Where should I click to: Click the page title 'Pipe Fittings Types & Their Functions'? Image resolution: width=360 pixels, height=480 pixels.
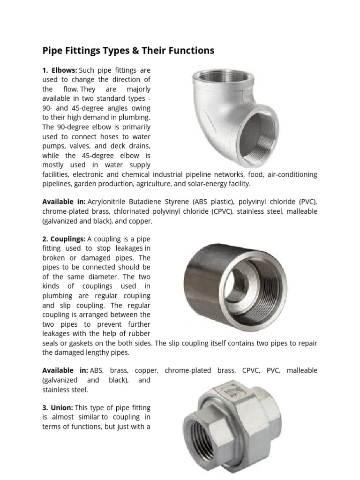128,51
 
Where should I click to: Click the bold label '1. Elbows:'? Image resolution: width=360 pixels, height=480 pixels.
60,70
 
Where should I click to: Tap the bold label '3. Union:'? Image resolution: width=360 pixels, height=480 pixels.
58,408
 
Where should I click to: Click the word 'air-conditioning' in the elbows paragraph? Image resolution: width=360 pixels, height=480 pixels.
292,174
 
